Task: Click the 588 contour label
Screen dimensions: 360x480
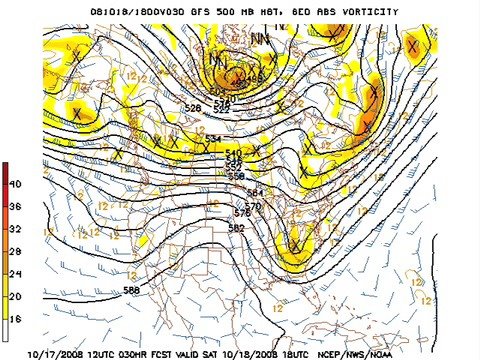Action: (x=131, y=290)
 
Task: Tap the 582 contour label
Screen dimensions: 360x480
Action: (x=236, y=229)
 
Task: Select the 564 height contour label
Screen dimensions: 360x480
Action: (x=254, y=192)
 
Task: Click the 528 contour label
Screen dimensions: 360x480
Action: (x=193, y=107)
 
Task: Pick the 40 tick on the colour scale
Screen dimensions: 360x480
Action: (x=15, y=184)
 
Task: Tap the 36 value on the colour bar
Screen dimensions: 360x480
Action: (x=15, y=206)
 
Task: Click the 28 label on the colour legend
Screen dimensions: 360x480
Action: (x=15, y=251)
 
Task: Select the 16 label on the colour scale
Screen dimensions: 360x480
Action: (x=15, y=317)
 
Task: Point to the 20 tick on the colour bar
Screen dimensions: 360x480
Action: (x=15, y=295)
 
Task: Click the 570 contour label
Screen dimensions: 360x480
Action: (x=252, y=206)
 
